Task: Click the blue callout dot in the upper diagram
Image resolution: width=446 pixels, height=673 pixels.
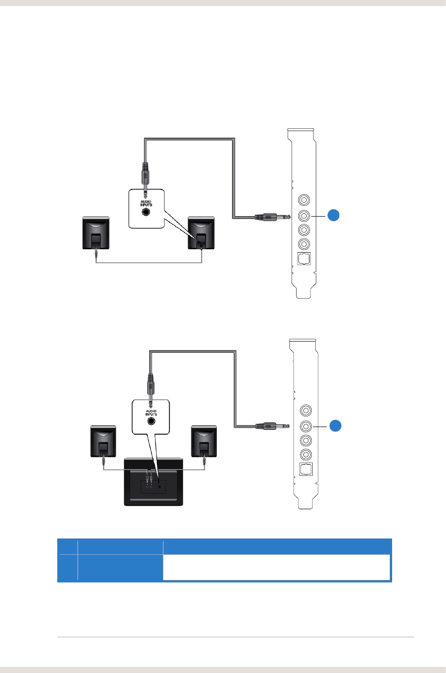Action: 334,215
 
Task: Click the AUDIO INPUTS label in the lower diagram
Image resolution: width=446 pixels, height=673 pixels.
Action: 151,410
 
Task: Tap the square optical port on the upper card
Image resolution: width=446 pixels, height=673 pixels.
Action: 304,261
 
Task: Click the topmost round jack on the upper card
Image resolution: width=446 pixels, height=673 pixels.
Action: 304,200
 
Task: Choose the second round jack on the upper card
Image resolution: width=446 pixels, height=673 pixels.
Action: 304,215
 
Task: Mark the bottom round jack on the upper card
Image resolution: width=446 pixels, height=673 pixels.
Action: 304,244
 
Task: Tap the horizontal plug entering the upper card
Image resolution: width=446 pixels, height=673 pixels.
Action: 272,216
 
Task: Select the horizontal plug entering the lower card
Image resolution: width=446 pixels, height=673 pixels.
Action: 272,426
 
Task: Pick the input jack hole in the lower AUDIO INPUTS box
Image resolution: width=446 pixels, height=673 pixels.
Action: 151,421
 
